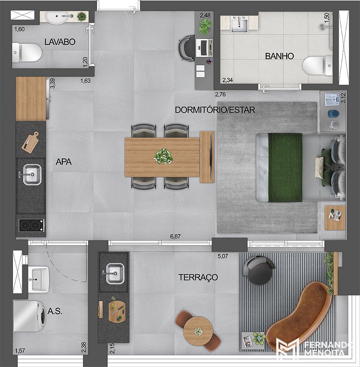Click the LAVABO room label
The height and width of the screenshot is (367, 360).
(x=60, y=42)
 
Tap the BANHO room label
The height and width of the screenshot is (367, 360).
(x=280, y=56)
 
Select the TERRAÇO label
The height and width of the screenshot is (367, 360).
(x=198, y=277)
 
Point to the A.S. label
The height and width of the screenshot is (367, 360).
(x=55, y=311)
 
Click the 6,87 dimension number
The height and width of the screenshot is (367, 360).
(x=175, y=236)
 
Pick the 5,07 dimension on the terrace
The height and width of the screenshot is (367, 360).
(x=223, y=256)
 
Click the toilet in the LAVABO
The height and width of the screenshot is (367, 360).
(x=27, y=52)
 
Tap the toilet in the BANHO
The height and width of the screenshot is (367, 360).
(x=317, y=66)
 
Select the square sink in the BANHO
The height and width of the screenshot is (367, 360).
(x=239, y=25)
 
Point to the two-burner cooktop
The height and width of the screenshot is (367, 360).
(x=31, y=225)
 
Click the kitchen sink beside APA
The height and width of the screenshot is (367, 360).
(x=32, y=174)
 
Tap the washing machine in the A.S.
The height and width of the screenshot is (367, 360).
(x=29, y=316)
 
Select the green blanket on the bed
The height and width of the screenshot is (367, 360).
(x=285, y=167)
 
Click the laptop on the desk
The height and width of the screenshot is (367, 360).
(x=204, y=48)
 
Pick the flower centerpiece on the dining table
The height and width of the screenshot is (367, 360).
(x=163, y=156)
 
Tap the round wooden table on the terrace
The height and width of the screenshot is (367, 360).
(x=198, y=331)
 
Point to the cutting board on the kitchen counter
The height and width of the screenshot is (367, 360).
(x=30, y=142)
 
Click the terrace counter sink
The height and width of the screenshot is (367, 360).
(x=114, y=273)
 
